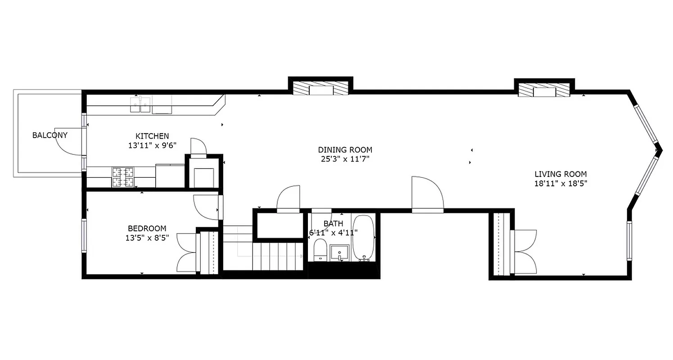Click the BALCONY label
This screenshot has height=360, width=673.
[50, 135]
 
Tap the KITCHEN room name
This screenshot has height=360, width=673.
[152, 136]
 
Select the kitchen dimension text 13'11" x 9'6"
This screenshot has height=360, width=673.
[152, 145]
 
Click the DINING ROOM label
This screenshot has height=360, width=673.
[345, 150]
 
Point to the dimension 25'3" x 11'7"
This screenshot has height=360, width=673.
[345, 159]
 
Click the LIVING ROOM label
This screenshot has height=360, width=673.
[560, 174]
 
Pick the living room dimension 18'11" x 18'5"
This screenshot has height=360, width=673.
[560, 184]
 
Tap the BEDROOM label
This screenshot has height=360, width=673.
[147, 229]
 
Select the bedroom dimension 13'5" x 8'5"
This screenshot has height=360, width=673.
[147, 238]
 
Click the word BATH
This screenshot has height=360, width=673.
[333, 224]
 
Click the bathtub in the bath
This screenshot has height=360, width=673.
[363, 237]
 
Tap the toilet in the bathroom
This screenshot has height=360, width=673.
[320, 250]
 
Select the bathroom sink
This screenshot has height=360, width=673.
[339, 252]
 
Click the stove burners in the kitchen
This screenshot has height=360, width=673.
[123, 177]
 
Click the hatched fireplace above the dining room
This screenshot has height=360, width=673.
[321, 88]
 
